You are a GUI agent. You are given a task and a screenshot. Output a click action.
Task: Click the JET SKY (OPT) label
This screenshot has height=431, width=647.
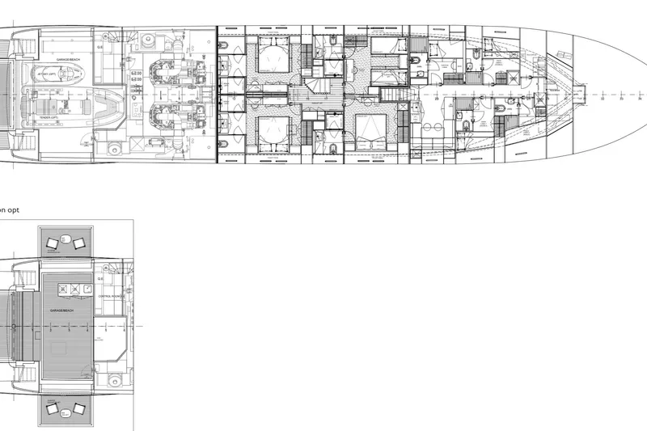click(46, 73)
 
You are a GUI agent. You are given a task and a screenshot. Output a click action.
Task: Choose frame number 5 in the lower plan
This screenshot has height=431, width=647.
click(69, 330)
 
